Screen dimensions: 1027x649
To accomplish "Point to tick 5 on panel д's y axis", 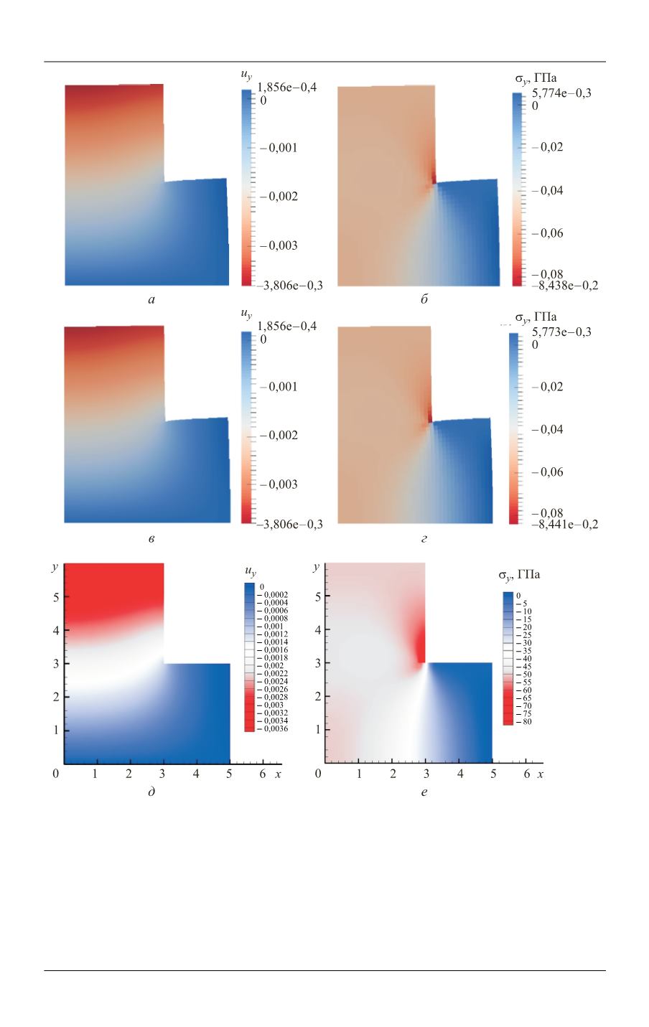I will pos(55,596).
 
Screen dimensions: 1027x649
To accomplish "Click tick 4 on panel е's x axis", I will pos(459,775).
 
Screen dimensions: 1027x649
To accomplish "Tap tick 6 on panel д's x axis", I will pos(263,775).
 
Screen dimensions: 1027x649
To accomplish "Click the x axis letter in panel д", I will pos(278,775).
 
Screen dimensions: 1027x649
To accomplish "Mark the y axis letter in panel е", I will pos(317,568).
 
